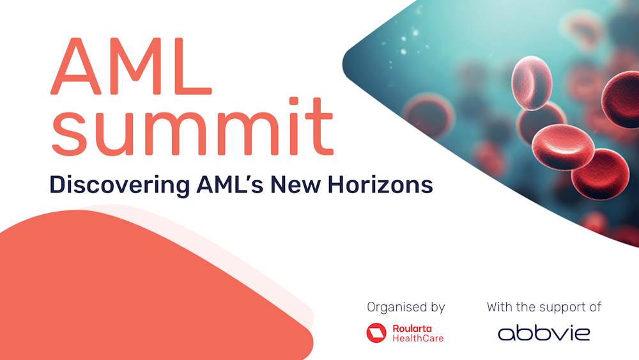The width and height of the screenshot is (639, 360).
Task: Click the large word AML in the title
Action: pyautogui.click(x=131, y=67)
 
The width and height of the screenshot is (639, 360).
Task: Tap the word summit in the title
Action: pyautogui.click(x=192, y=127)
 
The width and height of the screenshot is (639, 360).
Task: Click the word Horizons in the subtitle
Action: pyautogui.click(x=380, y=185)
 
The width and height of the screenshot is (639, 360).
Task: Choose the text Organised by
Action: pyautogui.click(x=406, y=308)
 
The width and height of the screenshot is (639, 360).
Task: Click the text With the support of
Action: pyautogui.click(x=544, y=306)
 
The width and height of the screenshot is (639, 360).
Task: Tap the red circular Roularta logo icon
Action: pyautogui.click(x=376, y=333)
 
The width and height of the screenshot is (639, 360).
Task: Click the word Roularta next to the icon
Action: pyautogui.click(x=412, y=328)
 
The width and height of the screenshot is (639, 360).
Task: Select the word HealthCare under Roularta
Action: pyautogui.click(x=418, y=338)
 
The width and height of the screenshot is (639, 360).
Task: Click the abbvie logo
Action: pyautogui.click(x=544, y=333)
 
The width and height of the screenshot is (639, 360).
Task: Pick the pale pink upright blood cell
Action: pyautogui.click(x=532, y=83)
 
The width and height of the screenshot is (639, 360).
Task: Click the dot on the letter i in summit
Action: pyautogui.click(x=294, y=101)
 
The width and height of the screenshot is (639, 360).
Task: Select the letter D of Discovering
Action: pyautogui.click(x=57, y=185)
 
